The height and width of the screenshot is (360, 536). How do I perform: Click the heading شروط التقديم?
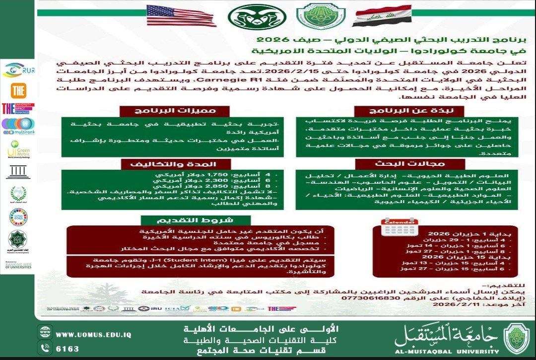click(x=182, y=219)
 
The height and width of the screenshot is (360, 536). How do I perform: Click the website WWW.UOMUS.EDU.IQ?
click(x=93, y=335)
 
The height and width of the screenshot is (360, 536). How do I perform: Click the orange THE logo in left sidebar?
click(x=18, y=90)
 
